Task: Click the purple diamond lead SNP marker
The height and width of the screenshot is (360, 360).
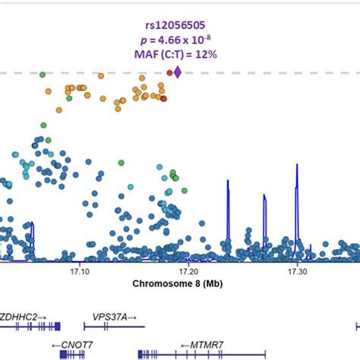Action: pos(178,72)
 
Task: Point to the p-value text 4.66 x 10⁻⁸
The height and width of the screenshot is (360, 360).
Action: pos(180,36)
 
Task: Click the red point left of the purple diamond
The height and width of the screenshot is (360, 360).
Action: pos(169,73)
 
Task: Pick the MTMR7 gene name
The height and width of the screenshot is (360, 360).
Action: pos(197,344)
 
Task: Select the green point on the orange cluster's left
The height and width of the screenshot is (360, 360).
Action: pos(69,97)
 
